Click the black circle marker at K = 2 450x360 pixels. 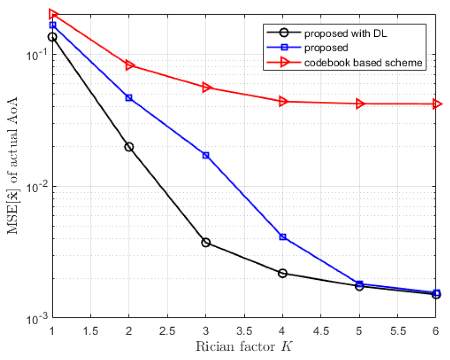pos(129,147)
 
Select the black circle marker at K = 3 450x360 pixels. pos(206,242)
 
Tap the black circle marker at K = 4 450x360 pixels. pos(282,273)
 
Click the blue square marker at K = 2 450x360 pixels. pos(129,98)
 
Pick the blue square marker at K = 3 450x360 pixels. pos(206,155)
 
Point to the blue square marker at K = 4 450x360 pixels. pos(282,237)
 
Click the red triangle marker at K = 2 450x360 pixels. pos(129,65)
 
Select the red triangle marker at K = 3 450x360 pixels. pos(206,88)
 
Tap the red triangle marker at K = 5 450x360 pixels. pos(360,104)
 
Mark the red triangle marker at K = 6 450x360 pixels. pos(436,104)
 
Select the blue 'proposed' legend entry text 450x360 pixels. pos(326,48)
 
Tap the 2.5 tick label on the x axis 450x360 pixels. pos(167,331)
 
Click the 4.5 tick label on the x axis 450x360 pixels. pos(321,331)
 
